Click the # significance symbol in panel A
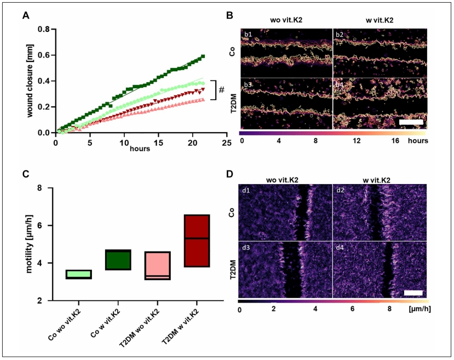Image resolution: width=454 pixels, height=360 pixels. click(222, 89)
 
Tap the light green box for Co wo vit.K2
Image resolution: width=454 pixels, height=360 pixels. click(78, 275)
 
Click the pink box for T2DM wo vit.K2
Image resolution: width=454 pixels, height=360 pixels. click(157, 266)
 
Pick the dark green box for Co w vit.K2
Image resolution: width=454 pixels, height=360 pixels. click(118, 260)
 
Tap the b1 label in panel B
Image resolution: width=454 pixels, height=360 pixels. click(248, 36)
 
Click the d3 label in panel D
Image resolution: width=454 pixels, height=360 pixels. click(247, 249)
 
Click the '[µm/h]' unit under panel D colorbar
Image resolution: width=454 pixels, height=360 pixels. click(418, 310)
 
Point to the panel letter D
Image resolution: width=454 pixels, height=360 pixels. click(231, 174)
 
